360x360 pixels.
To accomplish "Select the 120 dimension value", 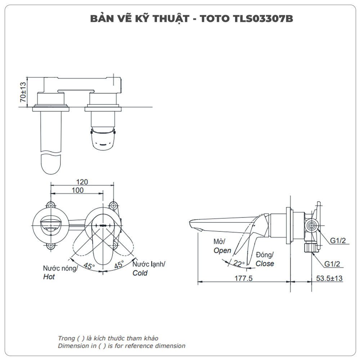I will [82, 182].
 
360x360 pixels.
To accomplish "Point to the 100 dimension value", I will [77, 190].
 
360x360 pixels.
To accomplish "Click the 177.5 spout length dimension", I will [244, 278].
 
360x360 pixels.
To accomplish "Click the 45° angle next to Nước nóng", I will [89, 266].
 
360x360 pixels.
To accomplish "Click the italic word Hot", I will [49, 277].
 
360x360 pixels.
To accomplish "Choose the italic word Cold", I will [140, 273].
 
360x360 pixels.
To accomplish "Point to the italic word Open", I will [222, 250].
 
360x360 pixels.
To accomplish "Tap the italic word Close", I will [265, 264].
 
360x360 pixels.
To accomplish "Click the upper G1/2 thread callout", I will [338, 240].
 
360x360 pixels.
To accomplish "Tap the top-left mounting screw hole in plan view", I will [51, 205].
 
